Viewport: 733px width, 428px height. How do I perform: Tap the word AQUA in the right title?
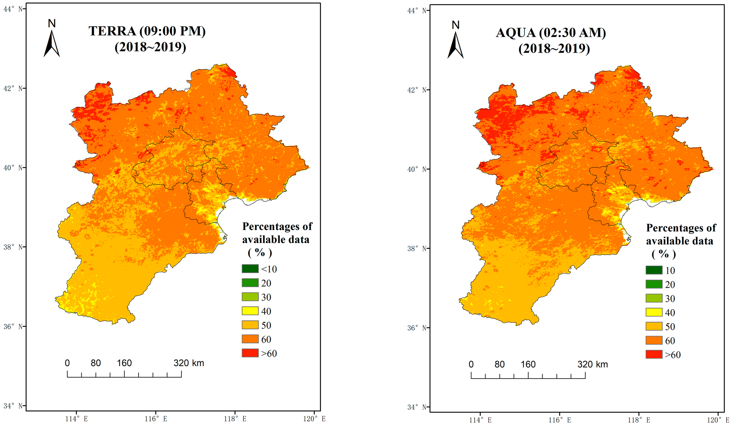515,32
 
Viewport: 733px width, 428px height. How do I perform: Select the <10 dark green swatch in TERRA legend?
250,269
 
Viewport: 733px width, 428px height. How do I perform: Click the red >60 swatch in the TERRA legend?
250,353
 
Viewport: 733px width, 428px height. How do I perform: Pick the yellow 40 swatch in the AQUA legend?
654,312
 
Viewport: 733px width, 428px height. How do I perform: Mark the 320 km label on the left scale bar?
189,363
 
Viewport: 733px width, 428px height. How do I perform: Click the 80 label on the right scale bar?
499,364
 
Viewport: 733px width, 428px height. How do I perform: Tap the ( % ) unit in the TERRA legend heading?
260,252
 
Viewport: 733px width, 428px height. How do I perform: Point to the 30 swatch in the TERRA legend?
250,297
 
